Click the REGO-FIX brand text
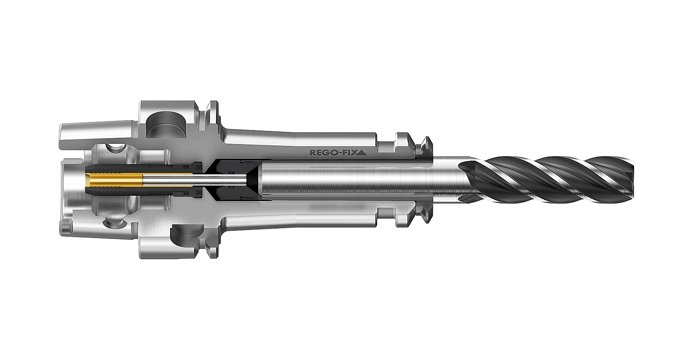pyautogui.click(x=335, y=152)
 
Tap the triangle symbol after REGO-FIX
pyautogui.click(x=364, y=152)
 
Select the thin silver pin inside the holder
pyautogui.click(x=193, y=181)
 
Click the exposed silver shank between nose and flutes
pyautogui.click(x=445, y=180)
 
